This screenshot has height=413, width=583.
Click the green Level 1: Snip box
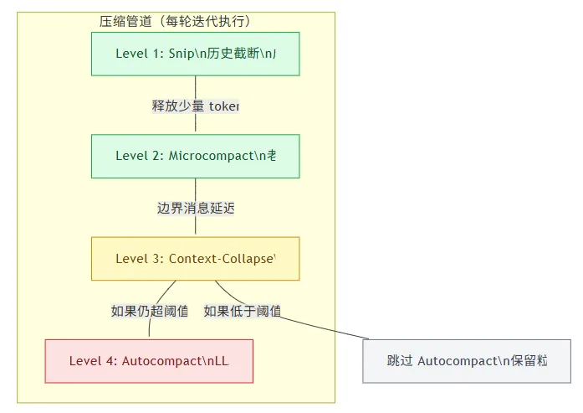[195, 54]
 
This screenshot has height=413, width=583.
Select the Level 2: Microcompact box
[195, 156]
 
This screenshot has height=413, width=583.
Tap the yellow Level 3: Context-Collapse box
[195, 258]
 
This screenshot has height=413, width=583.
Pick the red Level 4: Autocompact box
[149, 361]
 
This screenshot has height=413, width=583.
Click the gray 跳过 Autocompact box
[467, 361]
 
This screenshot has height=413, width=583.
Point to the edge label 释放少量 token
[195, 106]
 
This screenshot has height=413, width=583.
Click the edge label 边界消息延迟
[195, 208]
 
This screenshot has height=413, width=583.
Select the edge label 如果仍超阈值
[150, 311]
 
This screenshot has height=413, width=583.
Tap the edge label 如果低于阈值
[242, 311]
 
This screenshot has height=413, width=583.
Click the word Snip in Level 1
[182, 54]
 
